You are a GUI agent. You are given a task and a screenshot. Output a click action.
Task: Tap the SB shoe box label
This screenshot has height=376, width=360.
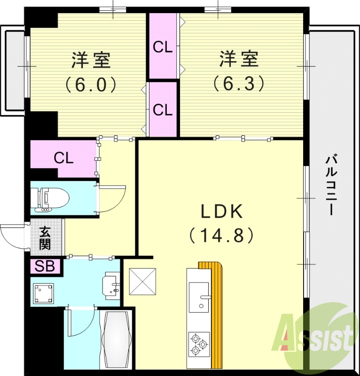(46, 266)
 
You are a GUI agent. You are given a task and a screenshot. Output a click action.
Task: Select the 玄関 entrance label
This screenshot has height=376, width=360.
(46, 238)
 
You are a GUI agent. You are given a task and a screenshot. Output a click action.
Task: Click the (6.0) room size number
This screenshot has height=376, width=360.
(91, 84)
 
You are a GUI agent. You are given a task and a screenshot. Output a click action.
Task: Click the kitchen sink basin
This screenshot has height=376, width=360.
(199, 297)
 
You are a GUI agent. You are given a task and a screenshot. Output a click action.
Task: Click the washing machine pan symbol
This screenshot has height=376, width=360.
(43, 294)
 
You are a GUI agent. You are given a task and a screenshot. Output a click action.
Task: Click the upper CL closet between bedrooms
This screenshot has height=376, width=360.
(163, 47)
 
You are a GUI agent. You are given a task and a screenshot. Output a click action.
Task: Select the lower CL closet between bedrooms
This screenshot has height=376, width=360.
(163, 110)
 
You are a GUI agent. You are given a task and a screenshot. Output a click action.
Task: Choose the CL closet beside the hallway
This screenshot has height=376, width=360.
(63, 158)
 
